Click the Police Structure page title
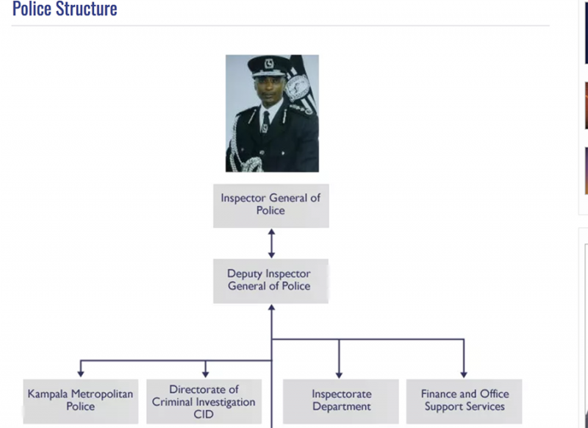[x=65, y=10]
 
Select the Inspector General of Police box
[x=270, y=204]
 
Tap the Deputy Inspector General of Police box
[x=270, y=280]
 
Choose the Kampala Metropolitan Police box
[x=80, y=401]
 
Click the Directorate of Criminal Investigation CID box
[x=204, y=401]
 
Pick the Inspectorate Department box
[x=341, y=401]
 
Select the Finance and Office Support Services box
[x=464, y=401]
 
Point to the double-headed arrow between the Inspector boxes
[x=271, y=243]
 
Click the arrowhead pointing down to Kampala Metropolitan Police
[x=81, y=374]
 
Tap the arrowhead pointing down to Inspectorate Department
[x=339, y=374]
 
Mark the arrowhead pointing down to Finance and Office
[x=464, y=374]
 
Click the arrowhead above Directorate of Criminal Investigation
[x=206, y=374]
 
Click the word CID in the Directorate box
[x=204, y=415]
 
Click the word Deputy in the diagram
[x=245, y=274]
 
